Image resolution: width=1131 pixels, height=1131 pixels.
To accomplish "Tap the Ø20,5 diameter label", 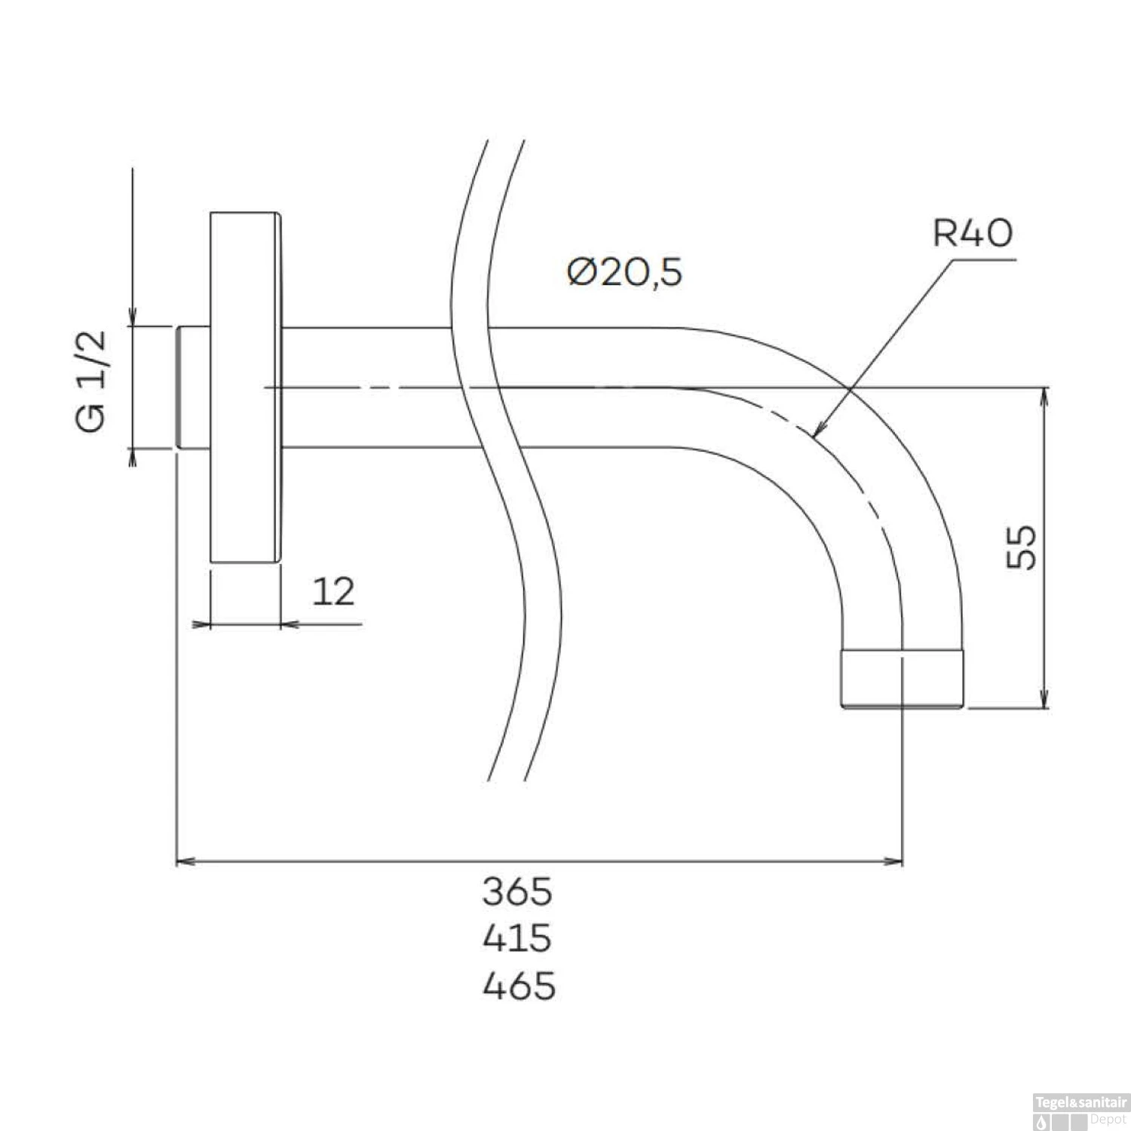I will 625,272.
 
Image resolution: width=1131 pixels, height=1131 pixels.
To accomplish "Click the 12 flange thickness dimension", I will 333,592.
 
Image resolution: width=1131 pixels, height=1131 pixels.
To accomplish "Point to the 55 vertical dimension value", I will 1022,547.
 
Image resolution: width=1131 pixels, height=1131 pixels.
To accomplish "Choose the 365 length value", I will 517,892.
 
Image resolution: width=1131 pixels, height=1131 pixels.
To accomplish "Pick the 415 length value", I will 517,939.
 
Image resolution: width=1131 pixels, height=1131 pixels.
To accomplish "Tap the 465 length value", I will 519,985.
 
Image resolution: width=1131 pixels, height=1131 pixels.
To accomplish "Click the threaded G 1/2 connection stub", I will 193,388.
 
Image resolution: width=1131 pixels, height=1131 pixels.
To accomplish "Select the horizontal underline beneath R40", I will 984,259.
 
